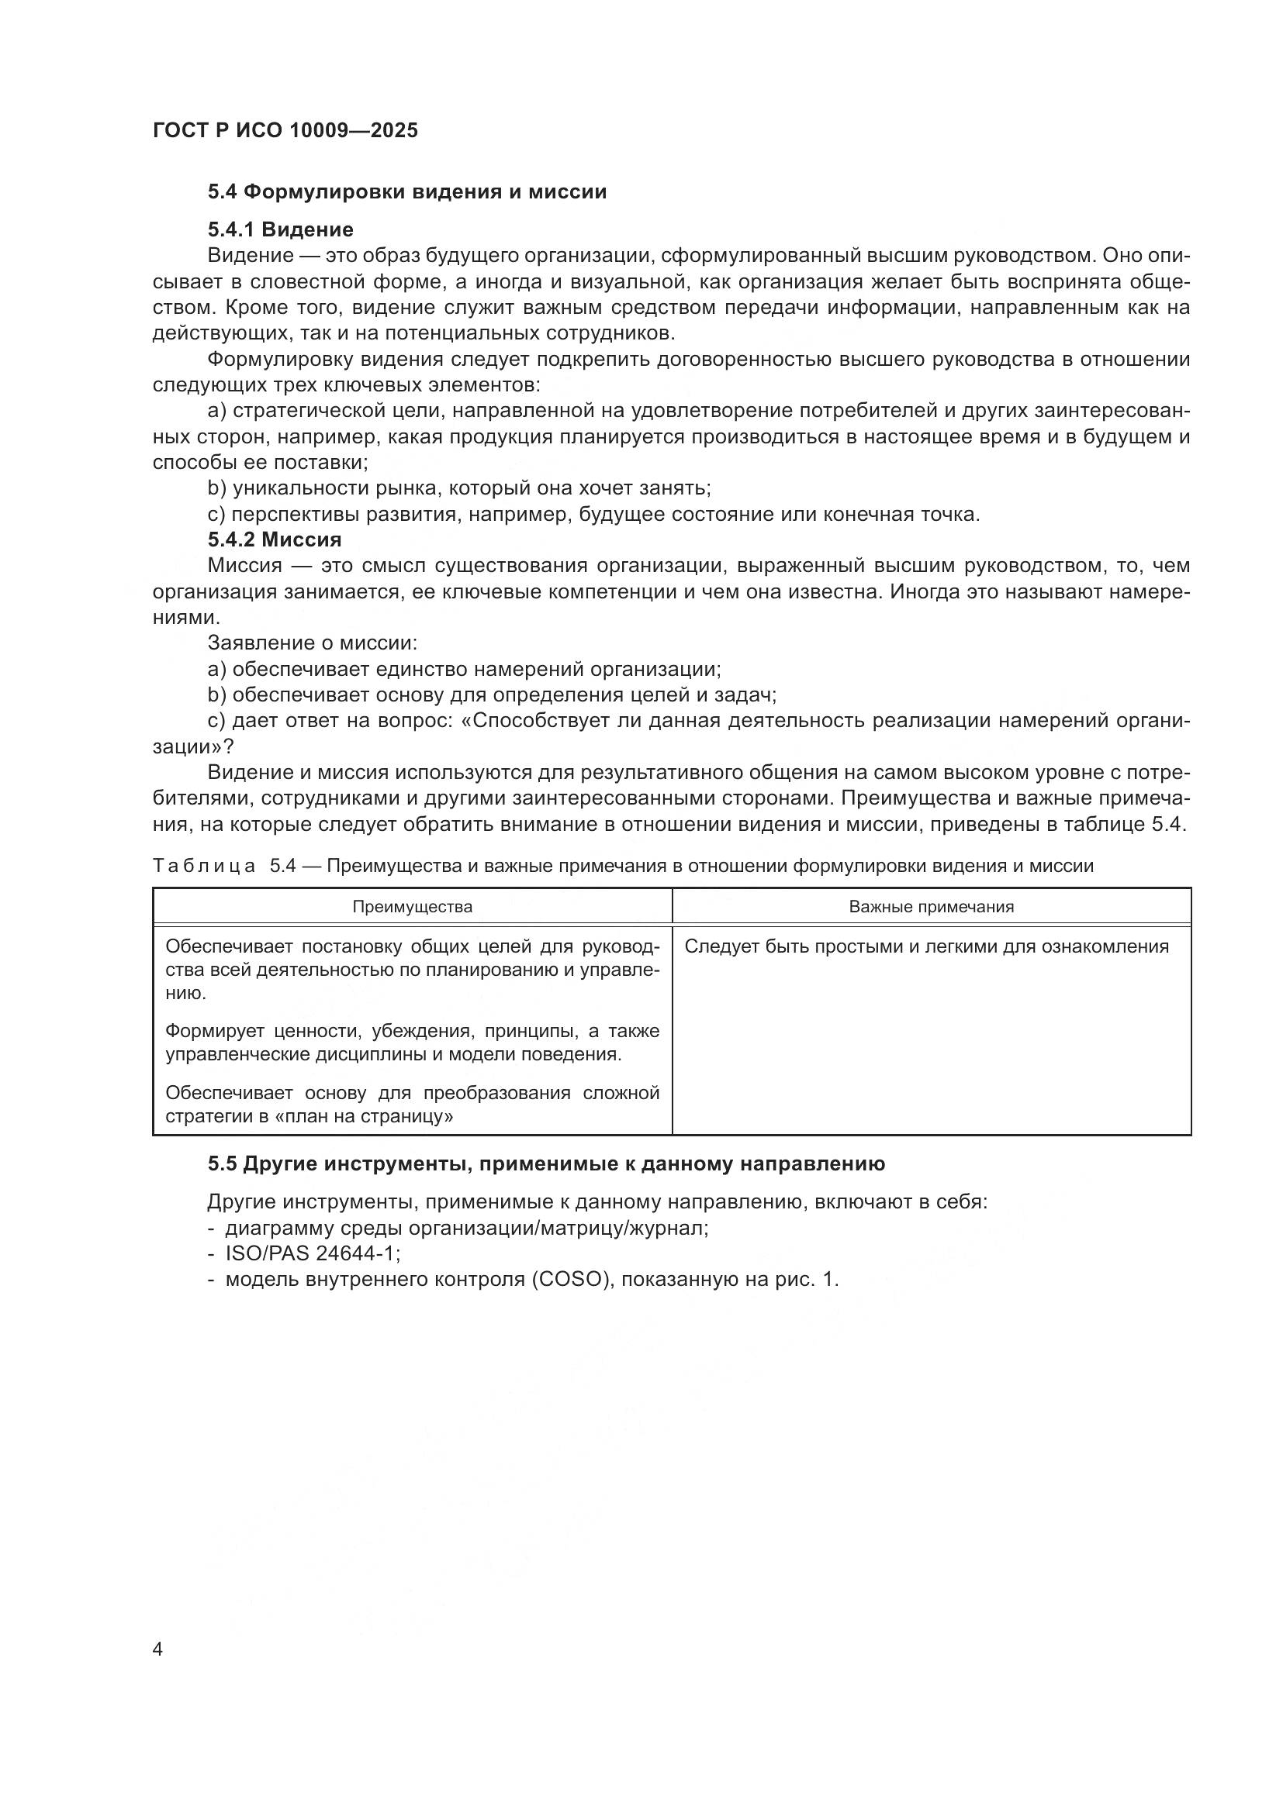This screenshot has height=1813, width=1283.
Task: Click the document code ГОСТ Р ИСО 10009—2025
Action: [x=285, y=130]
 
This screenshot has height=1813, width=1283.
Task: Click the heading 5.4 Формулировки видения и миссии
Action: [x=407, y=192]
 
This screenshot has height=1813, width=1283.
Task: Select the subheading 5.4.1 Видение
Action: [x=281, y=229]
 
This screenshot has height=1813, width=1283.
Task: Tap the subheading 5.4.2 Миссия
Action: [x=274, y=540]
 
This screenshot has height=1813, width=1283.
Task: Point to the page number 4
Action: [x=157, y=1649]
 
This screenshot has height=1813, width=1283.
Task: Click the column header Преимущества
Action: [x=412, y=907]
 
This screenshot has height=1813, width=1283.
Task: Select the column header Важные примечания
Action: [x=931, y=907]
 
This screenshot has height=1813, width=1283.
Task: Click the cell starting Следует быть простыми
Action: [x=926, y=946]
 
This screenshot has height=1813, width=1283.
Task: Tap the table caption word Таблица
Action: [x=204, y=867]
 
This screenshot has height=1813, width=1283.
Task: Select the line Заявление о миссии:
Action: [x=312, y=643]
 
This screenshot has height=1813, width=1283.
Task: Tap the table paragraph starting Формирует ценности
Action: [x=412, y=1043]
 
